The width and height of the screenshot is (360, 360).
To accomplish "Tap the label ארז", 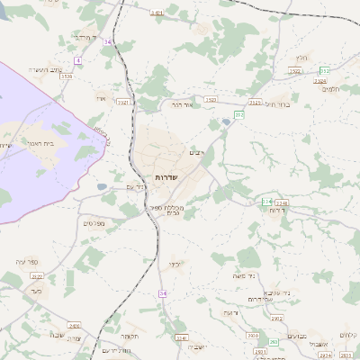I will pos(100,98).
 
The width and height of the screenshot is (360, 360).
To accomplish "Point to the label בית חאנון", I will pos(42,143).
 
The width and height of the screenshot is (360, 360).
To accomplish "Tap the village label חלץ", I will pos(301,58).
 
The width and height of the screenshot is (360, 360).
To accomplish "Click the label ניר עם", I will pos(133,187).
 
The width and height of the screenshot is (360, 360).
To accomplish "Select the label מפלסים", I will pos(94,222).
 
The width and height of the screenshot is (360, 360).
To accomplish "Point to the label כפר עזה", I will pos(27,262).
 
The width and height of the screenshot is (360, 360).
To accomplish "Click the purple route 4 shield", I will pos(78,60).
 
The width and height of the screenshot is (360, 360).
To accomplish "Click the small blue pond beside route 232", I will pos(103,187).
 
